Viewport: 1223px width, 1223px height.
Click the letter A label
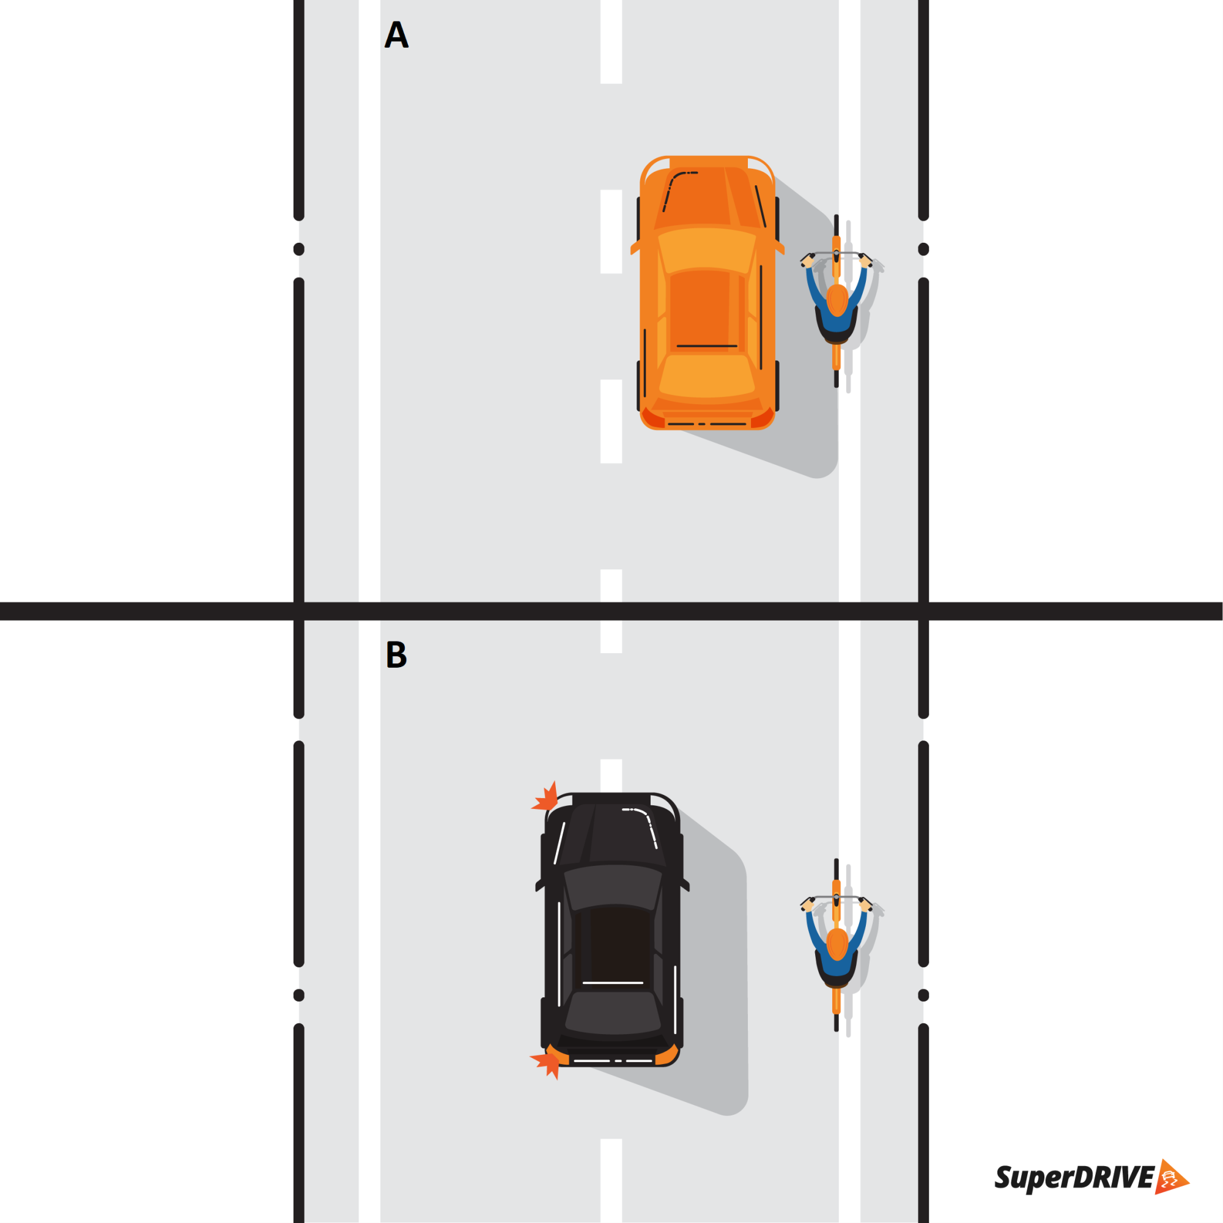(396, 35)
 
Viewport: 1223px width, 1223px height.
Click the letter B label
(396, 654)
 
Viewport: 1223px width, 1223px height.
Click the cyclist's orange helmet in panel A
(837, 300)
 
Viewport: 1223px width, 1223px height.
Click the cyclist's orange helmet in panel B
(837, 945)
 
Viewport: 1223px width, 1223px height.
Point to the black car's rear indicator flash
(545, 1065)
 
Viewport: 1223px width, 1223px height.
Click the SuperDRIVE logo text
(1075, 1177)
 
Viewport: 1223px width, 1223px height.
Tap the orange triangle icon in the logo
(1170, 1177)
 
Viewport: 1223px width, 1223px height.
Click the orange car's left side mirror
(635, 247)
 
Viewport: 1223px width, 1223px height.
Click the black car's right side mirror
(684, 884)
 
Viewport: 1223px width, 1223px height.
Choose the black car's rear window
(613, 1016)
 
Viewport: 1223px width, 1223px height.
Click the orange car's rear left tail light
(652, 418)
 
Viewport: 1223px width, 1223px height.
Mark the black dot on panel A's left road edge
(299, 249)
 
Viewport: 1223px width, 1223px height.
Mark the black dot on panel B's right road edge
(923, 995)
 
